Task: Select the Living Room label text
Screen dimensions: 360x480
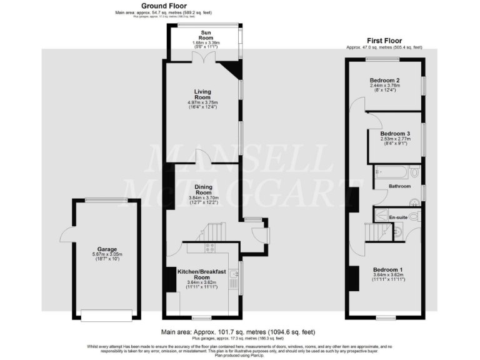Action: point(202,94)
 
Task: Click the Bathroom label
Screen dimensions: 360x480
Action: point(400,186)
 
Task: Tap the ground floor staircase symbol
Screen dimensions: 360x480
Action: point(211,233)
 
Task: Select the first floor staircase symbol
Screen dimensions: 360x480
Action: point(374,234)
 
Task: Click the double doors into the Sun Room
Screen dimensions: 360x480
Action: point(204,57)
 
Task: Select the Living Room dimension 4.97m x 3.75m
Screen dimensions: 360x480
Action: point(202,102)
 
